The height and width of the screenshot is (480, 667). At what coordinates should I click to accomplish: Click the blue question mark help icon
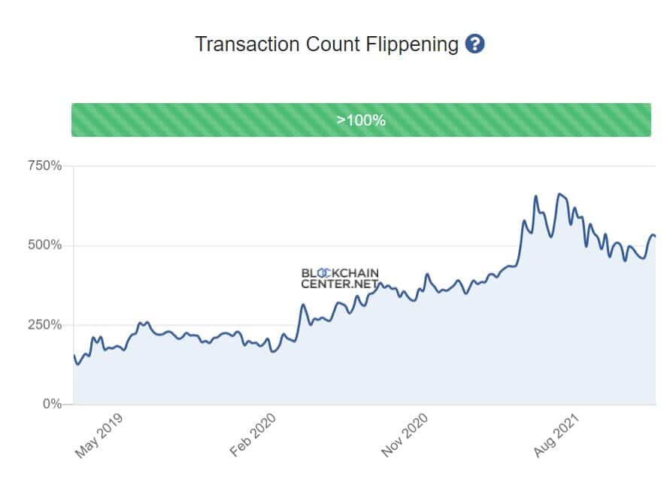tap(474, 44)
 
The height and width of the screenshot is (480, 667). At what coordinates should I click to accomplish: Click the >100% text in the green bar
tap(361, 120)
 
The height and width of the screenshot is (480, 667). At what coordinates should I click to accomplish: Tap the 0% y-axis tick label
tap(51, 404)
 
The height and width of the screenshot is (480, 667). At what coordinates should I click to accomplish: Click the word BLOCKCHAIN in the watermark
tap(340, 273)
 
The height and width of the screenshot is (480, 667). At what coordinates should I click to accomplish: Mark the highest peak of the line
tap(559, 194)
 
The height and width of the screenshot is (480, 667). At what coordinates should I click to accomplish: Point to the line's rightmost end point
tap(655, 236)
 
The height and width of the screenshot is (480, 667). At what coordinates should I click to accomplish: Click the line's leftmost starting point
tap(74, 354)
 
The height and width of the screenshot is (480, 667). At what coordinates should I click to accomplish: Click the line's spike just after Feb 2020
tap(303, 305)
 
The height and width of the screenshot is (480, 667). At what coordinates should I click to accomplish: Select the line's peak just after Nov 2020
tap(426, 274)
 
